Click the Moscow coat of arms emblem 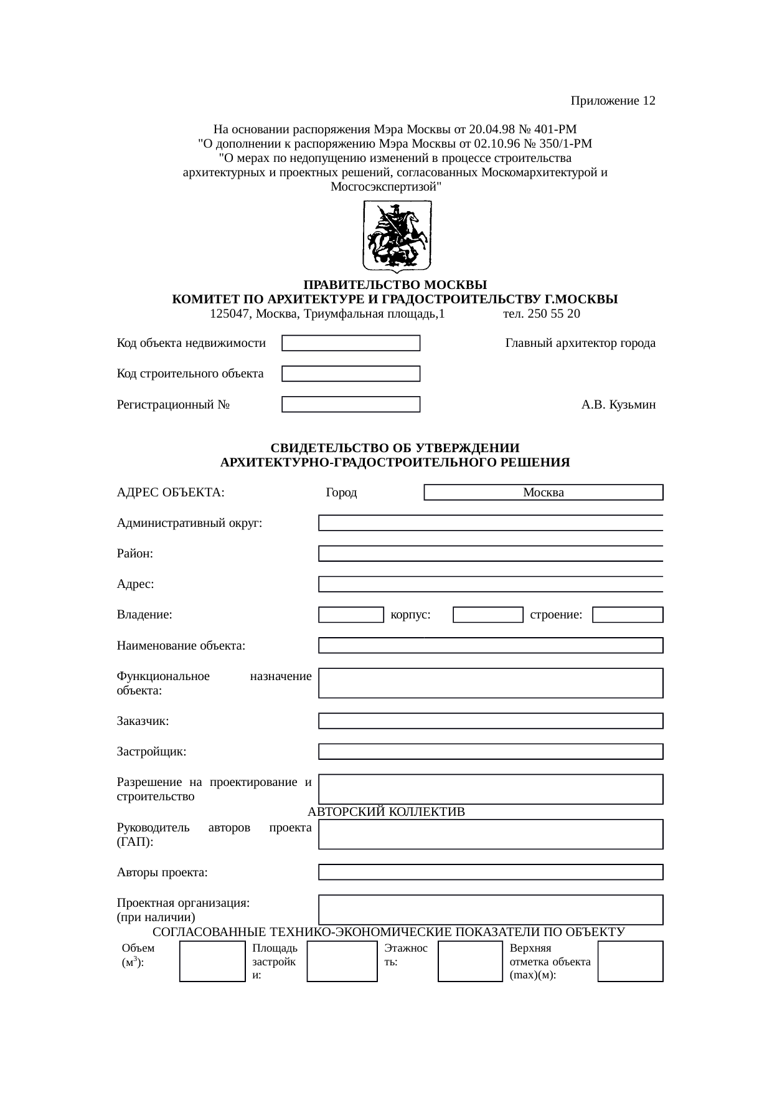[x=397, y=236]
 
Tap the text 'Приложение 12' [x=613, y=101]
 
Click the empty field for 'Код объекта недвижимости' [x=351, y=343]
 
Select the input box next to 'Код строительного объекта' [x=351, y=374]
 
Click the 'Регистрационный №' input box [x=351, y=405]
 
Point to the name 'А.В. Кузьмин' [x=618, y=405]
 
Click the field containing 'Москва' [x=544, y=493]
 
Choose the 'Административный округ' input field [x=491, y=523]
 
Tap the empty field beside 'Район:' [x=491, y=554]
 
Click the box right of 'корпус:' [x=488, y=615]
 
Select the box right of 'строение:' [x=628, y=615]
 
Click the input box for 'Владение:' [x=351, y=615]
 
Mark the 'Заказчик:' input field [x=491, y=721]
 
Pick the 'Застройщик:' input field [x=491, y=752]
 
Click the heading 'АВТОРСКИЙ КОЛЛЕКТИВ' [x=387, y=812]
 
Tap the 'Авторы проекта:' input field [x=491, y=873]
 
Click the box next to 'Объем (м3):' [x=212, y=961]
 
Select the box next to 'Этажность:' [x=470, y=961]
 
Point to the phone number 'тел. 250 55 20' [x=542, y=314]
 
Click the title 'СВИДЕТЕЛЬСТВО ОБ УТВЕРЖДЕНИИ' [x=395, y=448]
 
